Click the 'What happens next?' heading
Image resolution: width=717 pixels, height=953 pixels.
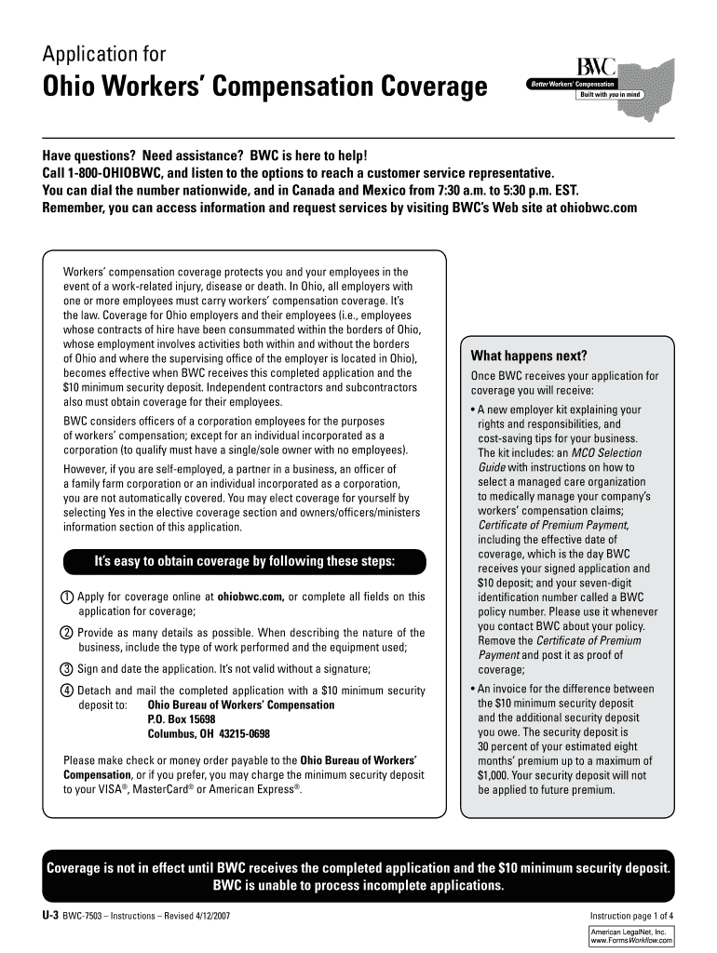click(x=528, y=356)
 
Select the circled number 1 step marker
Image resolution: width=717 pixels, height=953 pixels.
click(x=67, y=597)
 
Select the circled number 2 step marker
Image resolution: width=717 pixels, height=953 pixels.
click(x=67, y=633)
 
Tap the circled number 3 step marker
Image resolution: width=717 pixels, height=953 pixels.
click(x=67, y=669)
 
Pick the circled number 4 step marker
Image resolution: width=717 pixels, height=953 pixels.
click(x=67, y=691)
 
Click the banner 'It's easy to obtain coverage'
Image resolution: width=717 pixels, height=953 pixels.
click(x=245, y=562)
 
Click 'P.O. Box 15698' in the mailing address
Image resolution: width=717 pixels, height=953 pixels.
click(x=182, y=719)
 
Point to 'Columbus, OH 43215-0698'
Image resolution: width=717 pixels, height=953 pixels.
click(x=209, y=734)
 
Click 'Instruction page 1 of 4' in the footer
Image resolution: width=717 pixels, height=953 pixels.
click(x=625, y=916)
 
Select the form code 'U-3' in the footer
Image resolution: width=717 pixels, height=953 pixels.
click(x=50, y=916)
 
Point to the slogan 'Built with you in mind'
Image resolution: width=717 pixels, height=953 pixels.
click(x=609, y=94)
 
